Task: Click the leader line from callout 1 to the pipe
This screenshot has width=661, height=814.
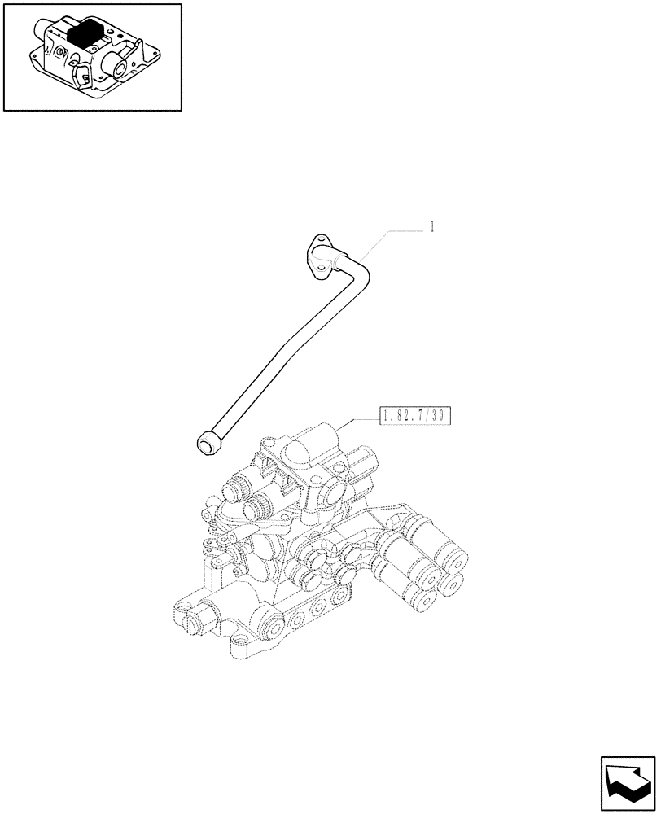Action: click(391, 233)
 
